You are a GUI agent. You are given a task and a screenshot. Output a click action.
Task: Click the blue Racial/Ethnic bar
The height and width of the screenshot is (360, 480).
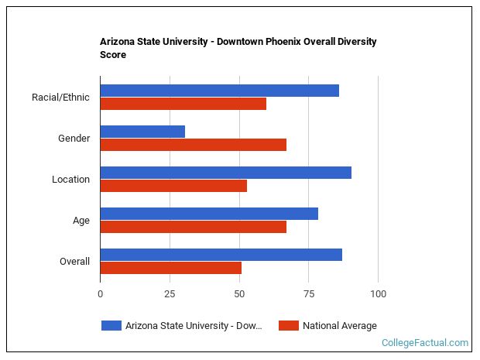(x=219, y=91)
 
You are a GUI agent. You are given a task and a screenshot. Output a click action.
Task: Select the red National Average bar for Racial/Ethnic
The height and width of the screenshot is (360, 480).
(x=183, y=104)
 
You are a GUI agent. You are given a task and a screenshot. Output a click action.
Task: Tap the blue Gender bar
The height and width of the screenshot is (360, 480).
(x=142, y=132)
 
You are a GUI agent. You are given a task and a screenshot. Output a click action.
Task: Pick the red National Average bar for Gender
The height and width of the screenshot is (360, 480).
(x=193, y=145)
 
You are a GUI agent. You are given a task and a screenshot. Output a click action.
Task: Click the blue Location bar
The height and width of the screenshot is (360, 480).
(x=225, y=173)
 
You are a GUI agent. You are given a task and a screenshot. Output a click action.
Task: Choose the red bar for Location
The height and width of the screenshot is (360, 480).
(x=173, y=186)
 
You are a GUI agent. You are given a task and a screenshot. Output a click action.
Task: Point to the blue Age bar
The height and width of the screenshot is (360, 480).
(x=209, y=214)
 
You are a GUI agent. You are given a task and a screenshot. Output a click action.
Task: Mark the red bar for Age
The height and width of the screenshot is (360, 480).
(x=193, y=227)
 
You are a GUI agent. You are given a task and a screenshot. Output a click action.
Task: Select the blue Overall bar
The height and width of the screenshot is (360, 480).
(x=221, y=255)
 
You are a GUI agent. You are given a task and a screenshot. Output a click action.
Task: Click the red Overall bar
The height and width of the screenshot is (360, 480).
(x=170, y=268)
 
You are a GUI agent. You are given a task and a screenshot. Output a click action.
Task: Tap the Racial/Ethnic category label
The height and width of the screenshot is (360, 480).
(x=60, y=98)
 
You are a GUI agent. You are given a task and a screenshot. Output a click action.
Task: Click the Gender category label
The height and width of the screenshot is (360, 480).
(x=74, y=139)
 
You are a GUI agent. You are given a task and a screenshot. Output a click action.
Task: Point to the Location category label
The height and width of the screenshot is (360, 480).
(x=70, y=180)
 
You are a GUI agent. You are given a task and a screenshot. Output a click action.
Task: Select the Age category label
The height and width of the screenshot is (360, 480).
(x=81, y=221)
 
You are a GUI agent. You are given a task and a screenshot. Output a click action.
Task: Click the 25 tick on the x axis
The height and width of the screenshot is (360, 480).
(x=170, y=294)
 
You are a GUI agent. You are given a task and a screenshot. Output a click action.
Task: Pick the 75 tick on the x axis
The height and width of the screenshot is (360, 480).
(x=308, y=294)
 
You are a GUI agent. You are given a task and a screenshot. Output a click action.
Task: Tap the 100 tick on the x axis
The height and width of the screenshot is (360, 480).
(x=378, y=294)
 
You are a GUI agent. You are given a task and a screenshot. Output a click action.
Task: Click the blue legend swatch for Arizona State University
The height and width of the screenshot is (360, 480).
(x=111, y=326)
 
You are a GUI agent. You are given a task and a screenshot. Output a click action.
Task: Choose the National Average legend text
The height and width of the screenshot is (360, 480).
(x=339, y=326)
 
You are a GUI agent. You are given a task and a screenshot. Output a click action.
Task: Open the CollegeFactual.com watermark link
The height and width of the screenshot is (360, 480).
(x=424, y=343)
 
